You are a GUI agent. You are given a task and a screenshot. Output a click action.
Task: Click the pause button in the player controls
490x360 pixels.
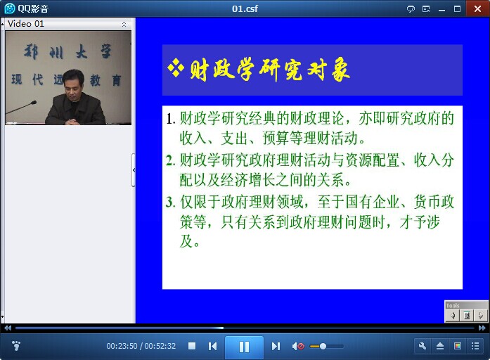click(x=244, y=347)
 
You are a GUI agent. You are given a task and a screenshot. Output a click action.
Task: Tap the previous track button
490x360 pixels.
click(x=212, y=346)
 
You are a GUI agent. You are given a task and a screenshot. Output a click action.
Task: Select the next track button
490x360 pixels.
click(x=276, y=346)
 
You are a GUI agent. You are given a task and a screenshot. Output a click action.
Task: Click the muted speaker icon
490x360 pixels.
click(x=298, y=346)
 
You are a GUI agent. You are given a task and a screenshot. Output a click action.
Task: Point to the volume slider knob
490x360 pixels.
click(x=323, y=346)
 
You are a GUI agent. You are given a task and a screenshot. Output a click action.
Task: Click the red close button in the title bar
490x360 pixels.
click(x=477, y=8)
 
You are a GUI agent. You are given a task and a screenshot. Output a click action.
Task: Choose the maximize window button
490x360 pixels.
click(x=457, y=8)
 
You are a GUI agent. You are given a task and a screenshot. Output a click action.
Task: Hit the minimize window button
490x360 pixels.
click(x=441, y=10)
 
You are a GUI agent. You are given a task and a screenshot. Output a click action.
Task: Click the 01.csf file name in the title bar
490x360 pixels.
click(x=245, y=8)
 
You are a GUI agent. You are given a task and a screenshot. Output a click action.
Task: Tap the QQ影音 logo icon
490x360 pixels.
click(x=10, y=8)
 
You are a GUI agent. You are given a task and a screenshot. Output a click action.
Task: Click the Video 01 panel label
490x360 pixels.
click(x=26, y=24)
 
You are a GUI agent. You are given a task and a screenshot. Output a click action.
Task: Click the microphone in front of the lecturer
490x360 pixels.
click(x=21, y=107)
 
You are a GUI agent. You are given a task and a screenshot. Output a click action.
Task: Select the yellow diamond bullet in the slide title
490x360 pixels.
click(x=176, y=67)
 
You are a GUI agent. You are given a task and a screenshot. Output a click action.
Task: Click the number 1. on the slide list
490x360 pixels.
click(x=171, y=119)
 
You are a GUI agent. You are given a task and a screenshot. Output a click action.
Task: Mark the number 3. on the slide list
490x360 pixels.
click(x=170, y=202)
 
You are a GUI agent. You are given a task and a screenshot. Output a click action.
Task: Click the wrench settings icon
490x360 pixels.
click(x=423, y=346)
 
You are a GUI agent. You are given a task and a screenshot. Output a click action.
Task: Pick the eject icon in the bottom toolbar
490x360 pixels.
click(x=440, y=346)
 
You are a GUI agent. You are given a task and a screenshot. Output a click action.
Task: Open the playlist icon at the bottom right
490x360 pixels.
click(x=475, y=346)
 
